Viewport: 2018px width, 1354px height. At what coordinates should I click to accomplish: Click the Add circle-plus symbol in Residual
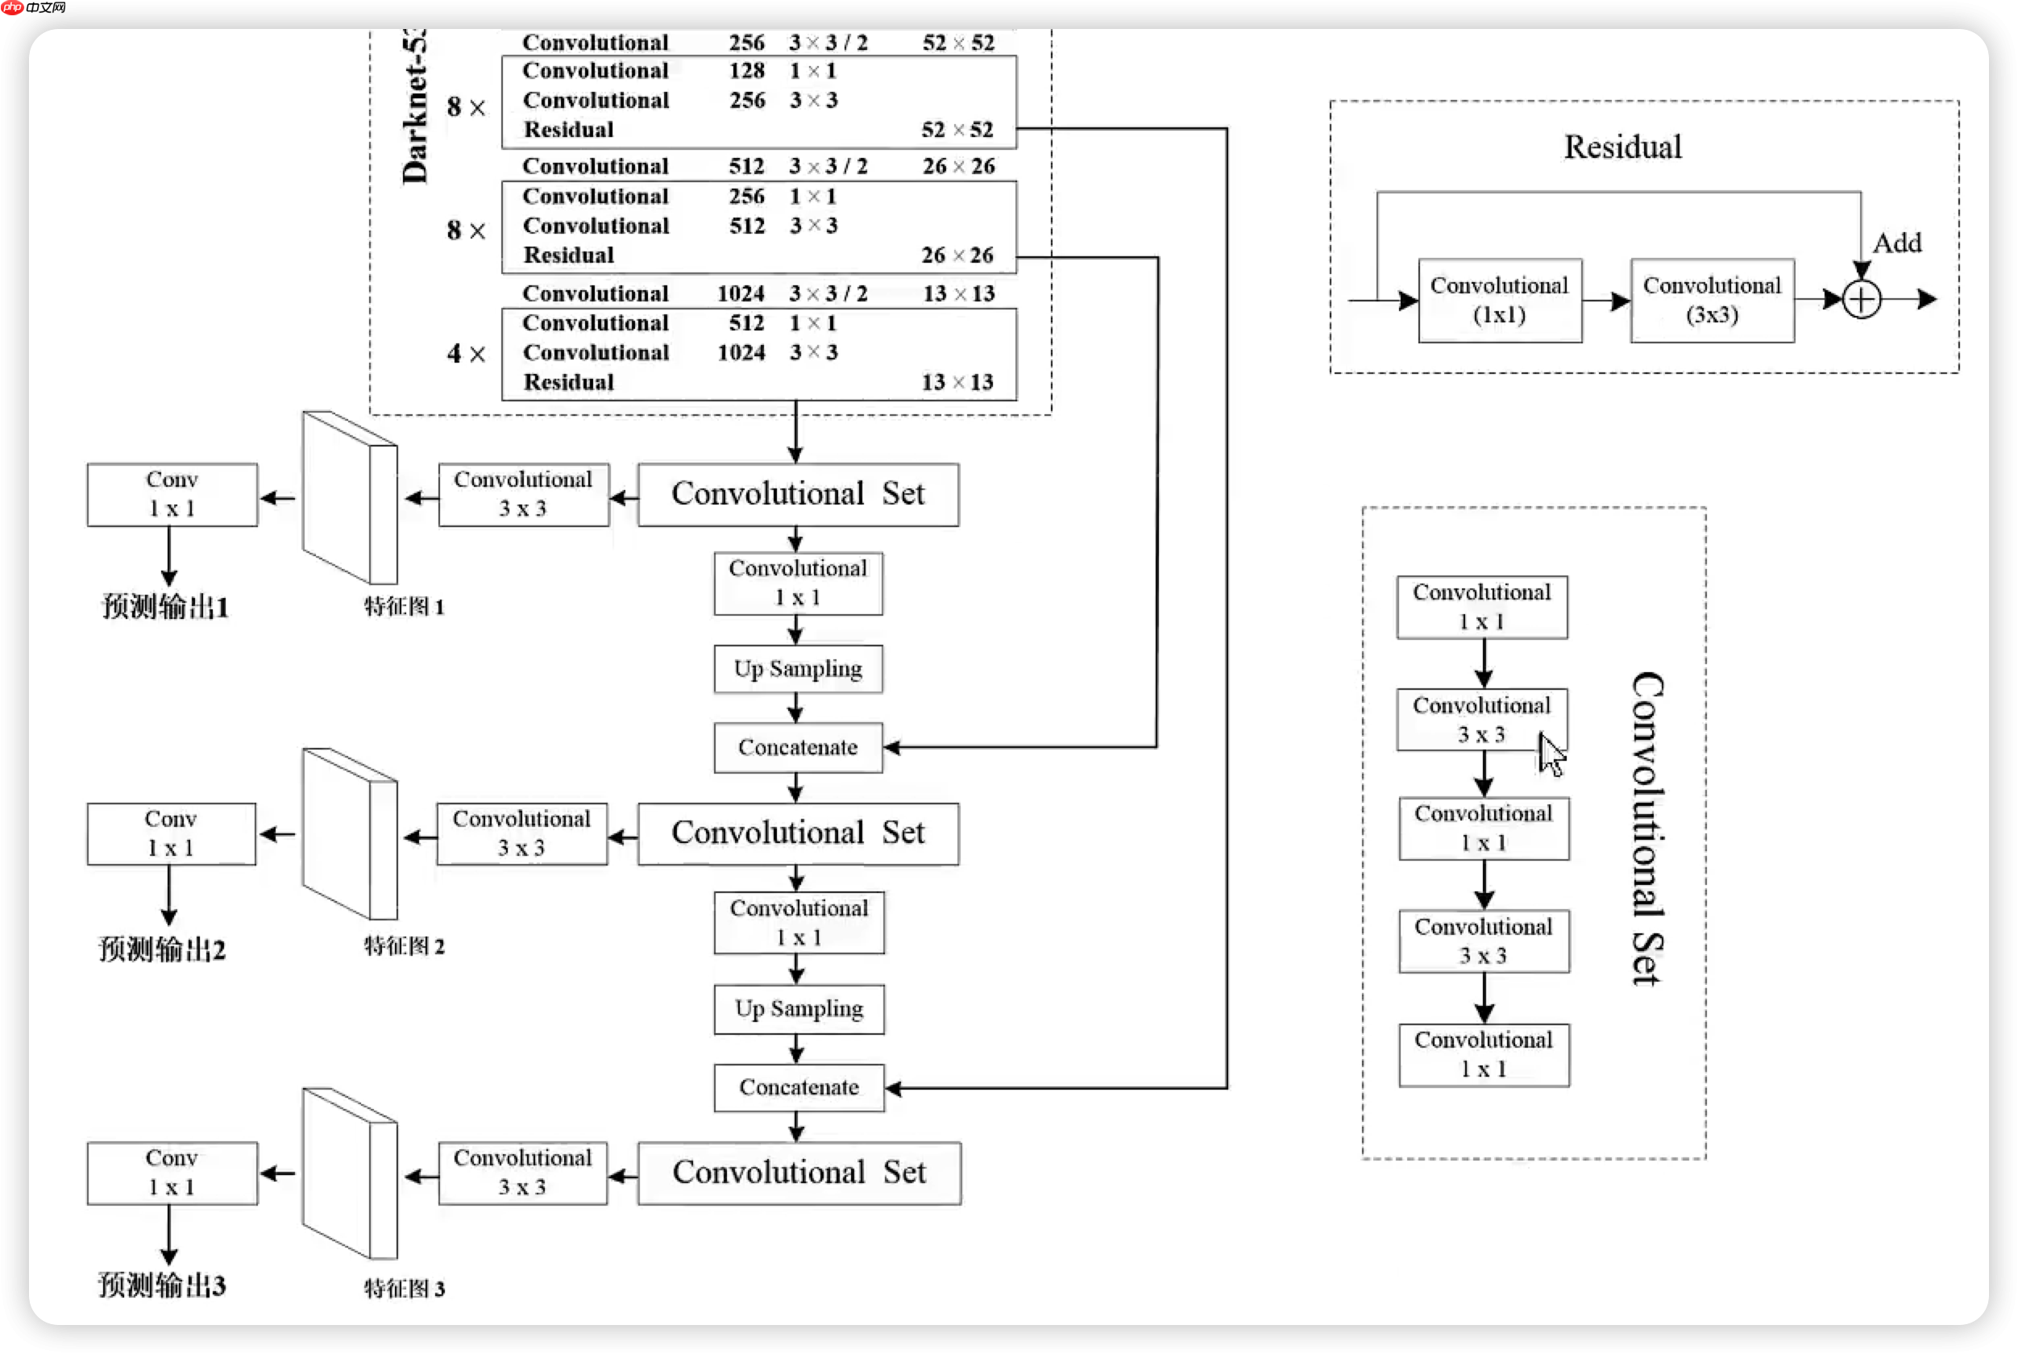tap(1861, 301)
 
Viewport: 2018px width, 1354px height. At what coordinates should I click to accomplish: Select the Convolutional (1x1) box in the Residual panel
tap(1499, 301)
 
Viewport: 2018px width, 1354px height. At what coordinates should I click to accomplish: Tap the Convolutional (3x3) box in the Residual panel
tap(1712, 301)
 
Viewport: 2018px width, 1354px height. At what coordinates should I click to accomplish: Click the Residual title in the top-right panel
tap(1622, 147)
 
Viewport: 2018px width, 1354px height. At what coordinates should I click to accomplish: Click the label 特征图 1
tap(403, 607)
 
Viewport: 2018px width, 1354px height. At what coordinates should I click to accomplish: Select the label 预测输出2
tap(162, 950)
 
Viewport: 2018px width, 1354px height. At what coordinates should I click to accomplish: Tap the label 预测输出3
tap(162, 1285)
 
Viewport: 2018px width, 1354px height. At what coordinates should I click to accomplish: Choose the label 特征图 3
tap(403, 1290)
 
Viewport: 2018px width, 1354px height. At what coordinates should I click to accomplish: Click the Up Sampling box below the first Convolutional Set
tap(798, 669)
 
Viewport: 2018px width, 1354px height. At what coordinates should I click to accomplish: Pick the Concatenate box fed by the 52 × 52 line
tap(799, 1087)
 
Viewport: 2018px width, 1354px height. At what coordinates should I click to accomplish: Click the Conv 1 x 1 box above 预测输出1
tap(172, 495)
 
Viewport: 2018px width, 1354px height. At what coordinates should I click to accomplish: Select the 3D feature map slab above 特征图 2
tap(350, 834)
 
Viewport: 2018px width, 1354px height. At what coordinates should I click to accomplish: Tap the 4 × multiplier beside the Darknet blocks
tap(466, 353)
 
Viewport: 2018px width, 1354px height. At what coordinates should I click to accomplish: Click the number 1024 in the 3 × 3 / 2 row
tap(741, 293)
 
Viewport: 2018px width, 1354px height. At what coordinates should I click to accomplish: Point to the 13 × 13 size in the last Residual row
tap(957, 382)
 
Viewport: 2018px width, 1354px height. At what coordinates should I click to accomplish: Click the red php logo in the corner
tap(13, 8)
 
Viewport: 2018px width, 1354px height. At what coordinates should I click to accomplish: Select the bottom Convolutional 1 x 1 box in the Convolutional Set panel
tap(1484, 1054)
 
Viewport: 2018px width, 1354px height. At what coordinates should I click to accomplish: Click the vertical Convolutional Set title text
tap(1647, 829)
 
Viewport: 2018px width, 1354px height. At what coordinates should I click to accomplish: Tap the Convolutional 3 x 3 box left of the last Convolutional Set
tap(522, 1173)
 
